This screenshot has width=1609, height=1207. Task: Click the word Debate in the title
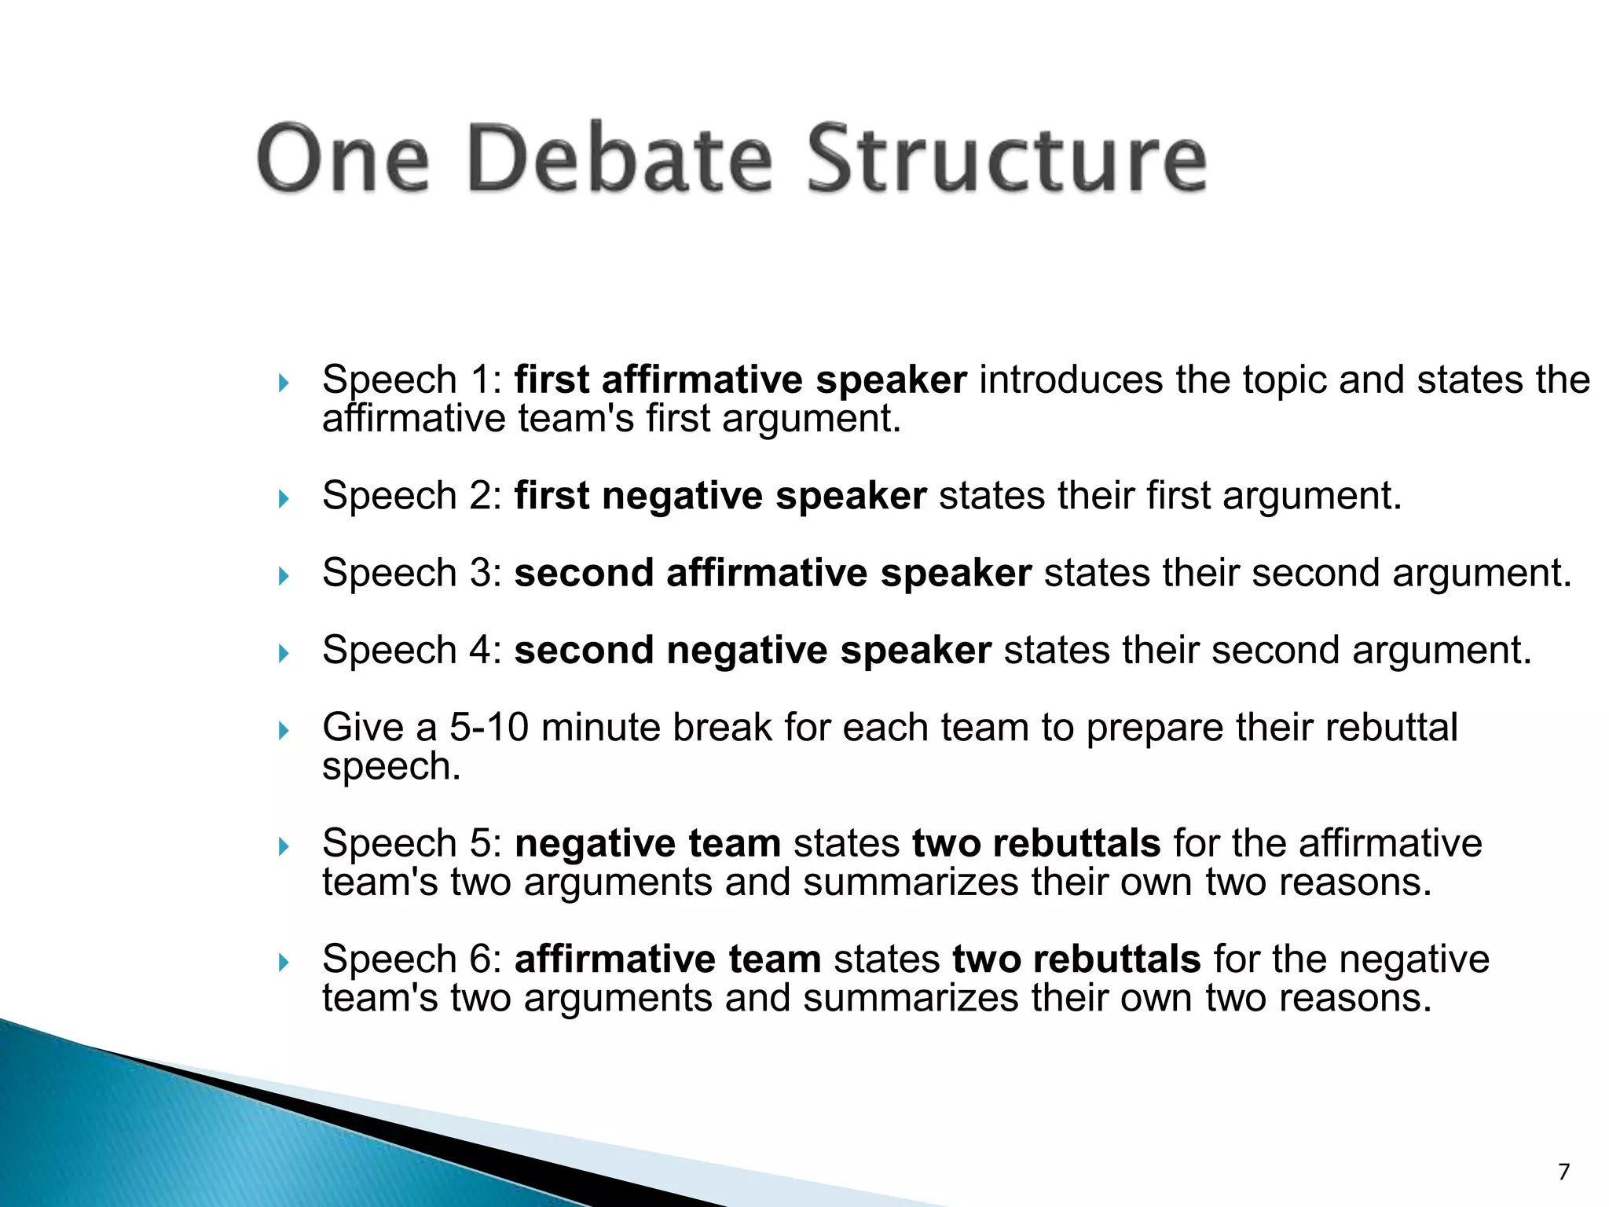point(621,159)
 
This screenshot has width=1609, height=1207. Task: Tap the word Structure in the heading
point(1007,159)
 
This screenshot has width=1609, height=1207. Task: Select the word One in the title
point(343,159)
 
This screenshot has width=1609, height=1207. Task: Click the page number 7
point(1563,1172)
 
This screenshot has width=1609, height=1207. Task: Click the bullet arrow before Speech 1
point(284,383)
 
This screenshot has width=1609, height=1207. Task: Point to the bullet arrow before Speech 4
point(284,653)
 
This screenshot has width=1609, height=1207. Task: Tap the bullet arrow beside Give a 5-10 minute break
point(284,731)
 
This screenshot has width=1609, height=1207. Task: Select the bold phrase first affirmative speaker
point(740,380)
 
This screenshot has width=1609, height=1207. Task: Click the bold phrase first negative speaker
point(720,497)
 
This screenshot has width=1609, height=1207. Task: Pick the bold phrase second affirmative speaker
point(772,573)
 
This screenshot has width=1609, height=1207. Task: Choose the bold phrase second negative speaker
point(753,651)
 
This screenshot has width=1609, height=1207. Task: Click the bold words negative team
point(647,844)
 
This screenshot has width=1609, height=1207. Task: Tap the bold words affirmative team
point(668,959)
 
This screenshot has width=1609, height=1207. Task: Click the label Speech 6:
point(412,959)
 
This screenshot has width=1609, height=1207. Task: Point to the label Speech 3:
point(412,573)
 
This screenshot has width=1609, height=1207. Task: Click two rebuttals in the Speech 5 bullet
point(1036,844)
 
